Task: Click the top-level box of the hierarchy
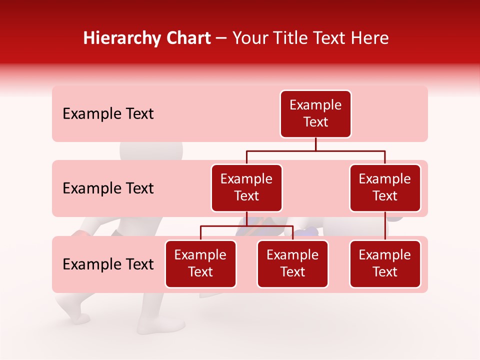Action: coord(315,114)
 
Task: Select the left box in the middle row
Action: coord(246,188)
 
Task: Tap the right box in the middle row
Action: coord(385,188)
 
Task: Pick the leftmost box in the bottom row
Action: coord(200,264)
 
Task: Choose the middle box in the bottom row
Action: coord(292,264)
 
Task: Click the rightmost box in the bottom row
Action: coord(385,264)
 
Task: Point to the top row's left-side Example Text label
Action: coord(108,114)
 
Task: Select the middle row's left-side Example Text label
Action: coord(108,188)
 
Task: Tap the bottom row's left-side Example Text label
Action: coord(108,264)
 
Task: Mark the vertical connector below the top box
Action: coord(315,144)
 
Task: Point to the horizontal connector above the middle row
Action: coord(315,150)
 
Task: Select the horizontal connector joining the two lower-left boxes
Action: coord(246,226)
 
